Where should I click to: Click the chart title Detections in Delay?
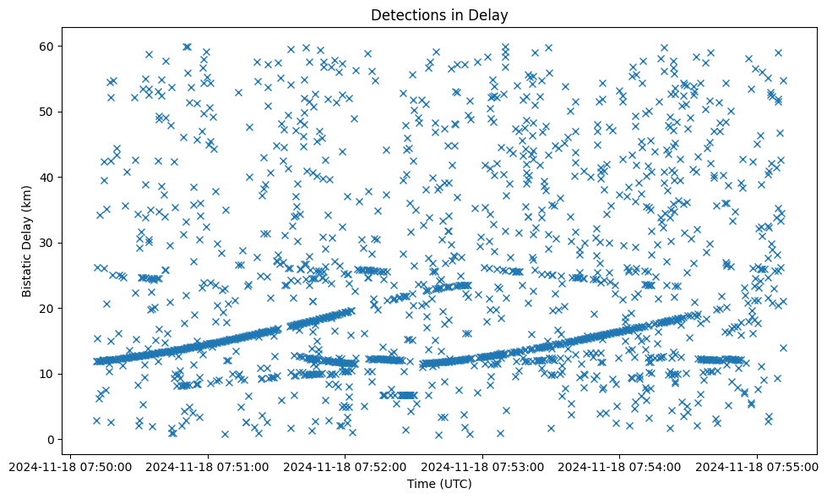click(x=439, y=15)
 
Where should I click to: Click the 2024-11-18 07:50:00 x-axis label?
click(x=70, y=466)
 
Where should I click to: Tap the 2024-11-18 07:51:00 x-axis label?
click(x=208, y=466)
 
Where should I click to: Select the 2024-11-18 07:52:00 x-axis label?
click(x=345, y=466)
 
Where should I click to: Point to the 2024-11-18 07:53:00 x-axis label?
click(x=482, y=466)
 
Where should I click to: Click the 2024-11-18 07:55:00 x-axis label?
click(x=757, y=466)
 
